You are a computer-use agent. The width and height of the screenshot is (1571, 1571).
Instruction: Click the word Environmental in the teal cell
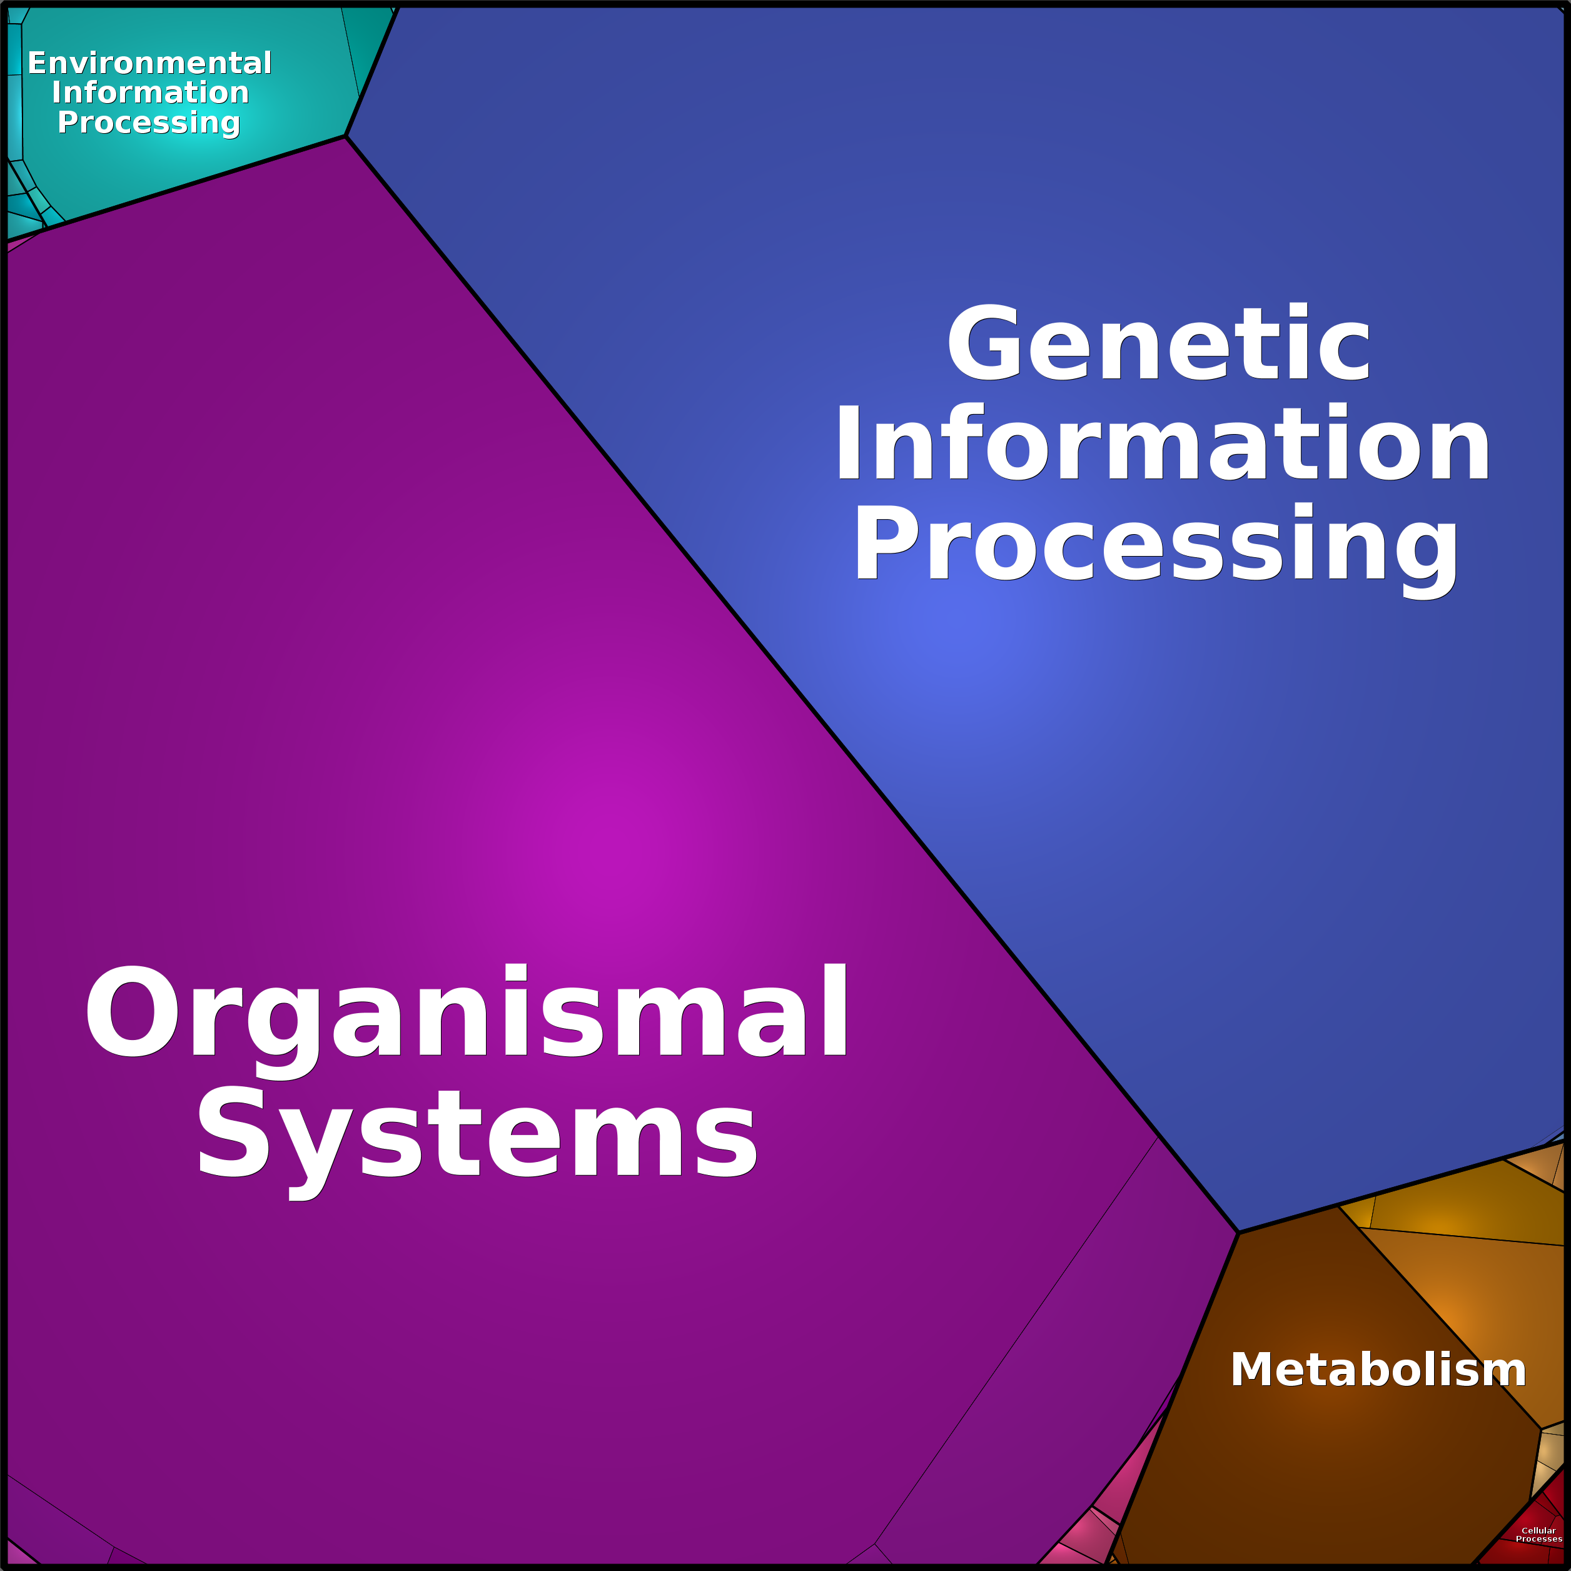point(149,63)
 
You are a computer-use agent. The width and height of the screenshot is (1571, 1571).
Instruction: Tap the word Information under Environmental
point(151,92)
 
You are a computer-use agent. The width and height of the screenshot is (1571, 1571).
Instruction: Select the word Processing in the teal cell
point(149,123)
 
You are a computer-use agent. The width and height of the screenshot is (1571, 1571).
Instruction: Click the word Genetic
point(1159,342)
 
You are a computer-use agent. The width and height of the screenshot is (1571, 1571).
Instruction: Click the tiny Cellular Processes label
point(1538,1534)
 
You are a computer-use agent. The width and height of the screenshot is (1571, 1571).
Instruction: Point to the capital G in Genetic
point(984,342)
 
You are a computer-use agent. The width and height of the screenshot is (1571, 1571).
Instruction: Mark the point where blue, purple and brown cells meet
point(1238,1233)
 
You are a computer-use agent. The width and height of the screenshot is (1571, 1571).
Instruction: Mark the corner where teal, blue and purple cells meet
point(346,136)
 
